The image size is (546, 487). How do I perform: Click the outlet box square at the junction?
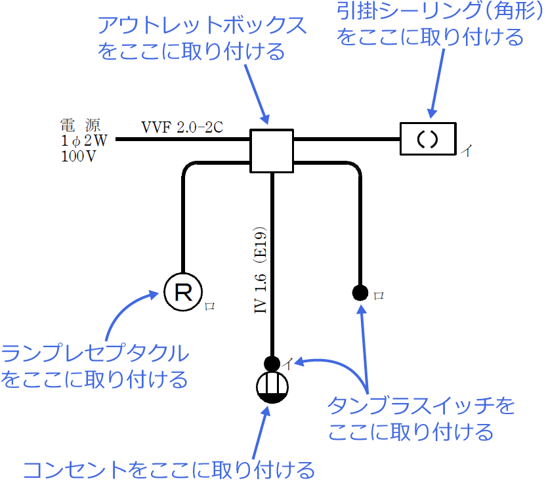(x=271, y=150)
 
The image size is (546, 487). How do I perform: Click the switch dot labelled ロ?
(x=360, y=293)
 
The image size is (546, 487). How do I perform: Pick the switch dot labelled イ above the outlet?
(x=272, y=362)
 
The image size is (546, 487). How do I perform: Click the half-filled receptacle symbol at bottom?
(x=272, y=387)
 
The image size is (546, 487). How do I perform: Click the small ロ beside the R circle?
(x=209, y=305)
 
